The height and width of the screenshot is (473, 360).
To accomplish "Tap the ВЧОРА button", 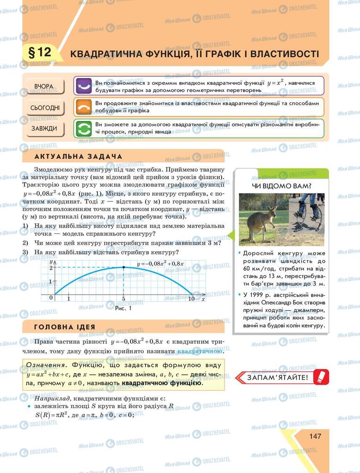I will coord(44,87).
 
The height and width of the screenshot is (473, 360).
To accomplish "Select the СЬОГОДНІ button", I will coord(45,108).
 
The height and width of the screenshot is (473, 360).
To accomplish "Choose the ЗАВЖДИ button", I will coord(44,128).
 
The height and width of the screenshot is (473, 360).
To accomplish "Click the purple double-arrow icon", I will coord(84,86).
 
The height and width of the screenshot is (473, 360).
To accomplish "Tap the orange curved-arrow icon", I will coord(84,107).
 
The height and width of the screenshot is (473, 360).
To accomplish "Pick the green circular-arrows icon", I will coord(84,128).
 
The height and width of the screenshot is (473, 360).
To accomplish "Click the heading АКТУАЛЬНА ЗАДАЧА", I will coord(78,156).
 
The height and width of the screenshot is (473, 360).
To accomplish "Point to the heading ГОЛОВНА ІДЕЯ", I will coord(65,327).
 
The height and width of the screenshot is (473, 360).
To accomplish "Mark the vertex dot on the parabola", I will coord(124,267).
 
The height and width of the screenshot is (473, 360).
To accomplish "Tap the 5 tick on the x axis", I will coord(124,299).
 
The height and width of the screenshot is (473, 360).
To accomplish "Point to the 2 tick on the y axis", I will coord(51,267).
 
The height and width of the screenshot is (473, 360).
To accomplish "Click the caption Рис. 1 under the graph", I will coord(122,308).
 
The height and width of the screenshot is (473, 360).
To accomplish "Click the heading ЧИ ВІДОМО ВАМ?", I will coord(281,186).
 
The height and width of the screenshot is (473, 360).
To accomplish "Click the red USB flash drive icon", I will coord(318,377).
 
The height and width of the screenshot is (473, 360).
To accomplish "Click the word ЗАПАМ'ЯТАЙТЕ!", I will coord(278,377).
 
